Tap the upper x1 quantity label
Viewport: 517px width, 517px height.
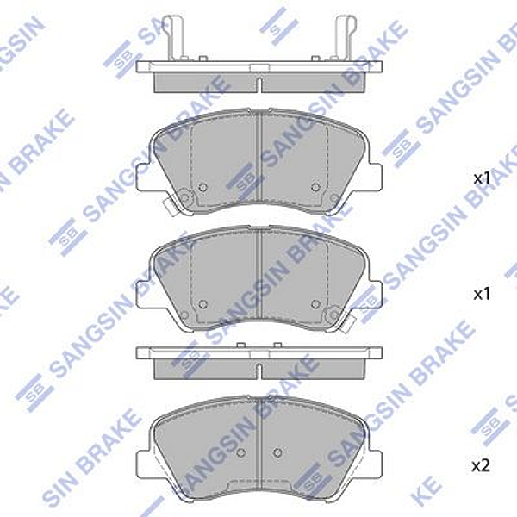pyautogui.click(x=481, y=178)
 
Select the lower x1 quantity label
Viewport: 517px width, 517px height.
pyautogui.click(x=481, y=294)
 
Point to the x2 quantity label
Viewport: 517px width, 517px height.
pyautogui.click(x=481, y=465)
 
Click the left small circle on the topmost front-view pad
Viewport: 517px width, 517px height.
pyautogui.click(x=203, y=187)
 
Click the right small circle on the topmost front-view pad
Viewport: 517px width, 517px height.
pyautogui.click(x=315, y=187)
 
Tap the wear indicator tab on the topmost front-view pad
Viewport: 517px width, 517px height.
pyautogui.click(x=169, y=205)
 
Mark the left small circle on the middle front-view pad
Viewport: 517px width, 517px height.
pyautogui.click(x=203, y=303)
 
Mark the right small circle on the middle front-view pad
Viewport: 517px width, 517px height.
pyautogui.click(x=315, y=303)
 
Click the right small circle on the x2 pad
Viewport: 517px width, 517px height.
pyautogui.click(x=277, y=452)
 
